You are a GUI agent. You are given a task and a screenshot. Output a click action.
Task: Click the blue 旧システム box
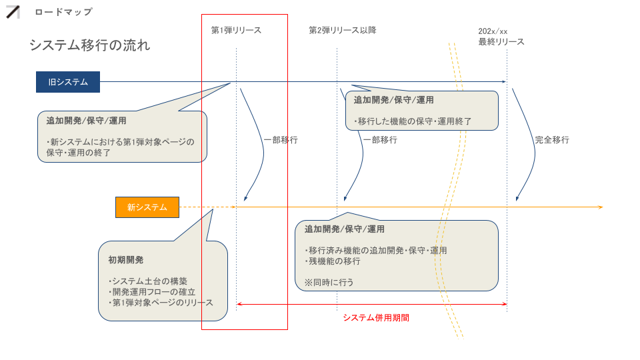[x=68, y=82]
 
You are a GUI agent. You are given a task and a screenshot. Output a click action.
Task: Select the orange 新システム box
[x=147, y=207]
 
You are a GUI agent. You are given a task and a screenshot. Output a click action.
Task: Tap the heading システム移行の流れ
[x=90, y=45]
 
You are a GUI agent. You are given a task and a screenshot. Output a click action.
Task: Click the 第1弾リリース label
[x=236, y=30]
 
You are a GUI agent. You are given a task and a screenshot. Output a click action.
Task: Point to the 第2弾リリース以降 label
[x=343, y=30]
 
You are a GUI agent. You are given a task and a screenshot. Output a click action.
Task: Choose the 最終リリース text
[x=501, y=41]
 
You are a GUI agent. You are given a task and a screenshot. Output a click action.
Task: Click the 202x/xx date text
[x=493, y=31]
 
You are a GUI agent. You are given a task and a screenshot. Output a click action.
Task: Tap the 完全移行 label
[x=552, y=140]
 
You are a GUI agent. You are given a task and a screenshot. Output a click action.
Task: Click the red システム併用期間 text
[x=376, y=318]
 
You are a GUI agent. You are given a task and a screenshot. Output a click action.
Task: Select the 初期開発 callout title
[x=126, y=260]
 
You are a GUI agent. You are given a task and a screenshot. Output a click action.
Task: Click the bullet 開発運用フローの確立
[x=152, y=292]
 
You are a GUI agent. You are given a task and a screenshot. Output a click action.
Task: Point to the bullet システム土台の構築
[x=148, y=281]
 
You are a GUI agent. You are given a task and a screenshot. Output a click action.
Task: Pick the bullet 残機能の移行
[x=332, y=261]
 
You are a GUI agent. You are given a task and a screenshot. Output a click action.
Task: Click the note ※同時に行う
[x=329, y=283]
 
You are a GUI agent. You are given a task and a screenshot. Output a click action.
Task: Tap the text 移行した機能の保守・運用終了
[x=413, y=121]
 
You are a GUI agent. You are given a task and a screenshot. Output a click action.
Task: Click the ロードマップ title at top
[x=64, y=12]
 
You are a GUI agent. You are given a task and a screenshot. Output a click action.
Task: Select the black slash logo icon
[x=13, y=12]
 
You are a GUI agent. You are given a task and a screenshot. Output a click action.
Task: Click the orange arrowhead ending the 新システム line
[x=601, y=207]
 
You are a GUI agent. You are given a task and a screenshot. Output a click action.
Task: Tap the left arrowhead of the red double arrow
[x=239, y=304]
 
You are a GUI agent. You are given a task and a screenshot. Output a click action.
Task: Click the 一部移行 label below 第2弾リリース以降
[x=380, y=140]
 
